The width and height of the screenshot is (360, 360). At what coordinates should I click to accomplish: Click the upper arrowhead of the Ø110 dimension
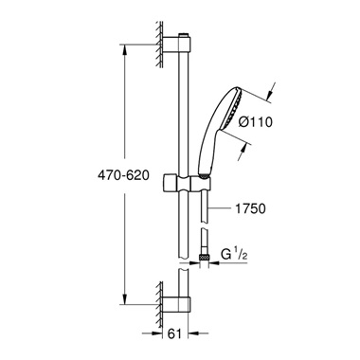(x=268, y=92)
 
